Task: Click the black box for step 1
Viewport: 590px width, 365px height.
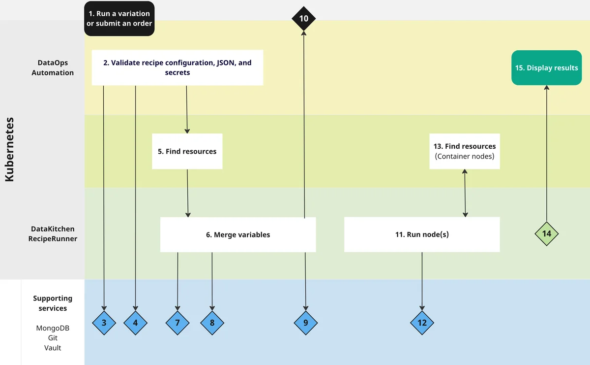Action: (119, 19)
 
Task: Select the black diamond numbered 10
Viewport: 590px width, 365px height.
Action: (303, 19)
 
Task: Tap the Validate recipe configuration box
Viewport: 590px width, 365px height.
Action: (177, 67)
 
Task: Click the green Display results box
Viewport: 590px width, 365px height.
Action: (546, 68)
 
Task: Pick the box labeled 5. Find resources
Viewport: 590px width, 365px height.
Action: (187, 151)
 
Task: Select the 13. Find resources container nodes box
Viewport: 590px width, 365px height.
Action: (465, 151)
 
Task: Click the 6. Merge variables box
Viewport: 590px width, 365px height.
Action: (238, 235)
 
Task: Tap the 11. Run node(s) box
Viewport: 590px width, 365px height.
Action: (422, 234)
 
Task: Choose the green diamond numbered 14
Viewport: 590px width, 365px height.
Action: (547, 233)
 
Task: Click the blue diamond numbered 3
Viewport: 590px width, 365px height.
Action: (104, 323)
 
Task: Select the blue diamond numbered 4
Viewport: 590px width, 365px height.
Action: (136, 323)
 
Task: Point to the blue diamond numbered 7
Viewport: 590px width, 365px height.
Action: (177, 323)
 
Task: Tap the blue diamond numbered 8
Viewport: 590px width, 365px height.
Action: (212, 323)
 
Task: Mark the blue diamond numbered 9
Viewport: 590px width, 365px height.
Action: (306, 323)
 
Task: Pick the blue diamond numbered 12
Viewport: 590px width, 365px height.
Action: (422, 323)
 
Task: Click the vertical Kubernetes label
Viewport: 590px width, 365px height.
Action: (10, 149)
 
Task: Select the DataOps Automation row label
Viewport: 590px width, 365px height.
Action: (53, 68)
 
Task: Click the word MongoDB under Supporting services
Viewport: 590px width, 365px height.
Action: (53, 328)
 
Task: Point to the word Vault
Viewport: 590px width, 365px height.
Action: (53, 347)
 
